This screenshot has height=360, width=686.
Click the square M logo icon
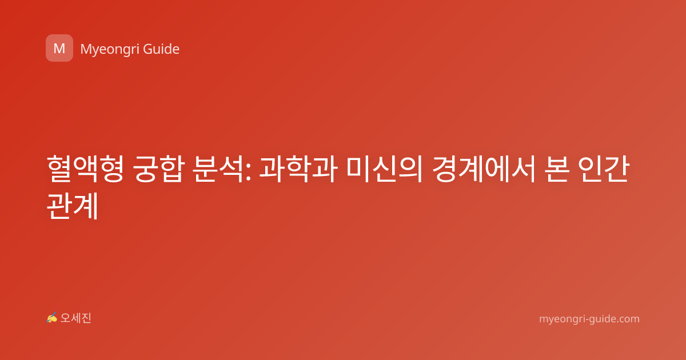(59, 48)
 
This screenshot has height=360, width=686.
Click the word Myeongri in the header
(109, 49)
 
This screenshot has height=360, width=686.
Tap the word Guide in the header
(161, 49)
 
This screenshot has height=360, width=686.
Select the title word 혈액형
(85, 169)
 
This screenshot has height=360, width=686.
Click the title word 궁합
(159, 169)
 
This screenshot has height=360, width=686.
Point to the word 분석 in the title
(218, 169)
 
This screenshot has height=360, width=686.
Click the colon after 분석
(248, 172)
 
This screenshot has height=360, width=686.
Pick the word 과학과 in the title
(298, 169)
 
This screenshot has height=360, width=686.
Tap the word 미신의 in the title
(385, 169)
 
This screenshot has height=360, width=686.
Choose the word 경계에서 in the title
(484, 169)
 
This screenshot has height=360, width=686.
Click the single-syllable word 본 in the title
(557, 169)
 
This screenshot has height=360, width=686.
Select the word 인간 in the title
(604, 169)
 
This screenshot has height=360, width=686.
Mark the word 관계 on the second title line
(72, 205)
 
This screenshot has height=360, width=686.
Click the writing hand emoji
(51, 318)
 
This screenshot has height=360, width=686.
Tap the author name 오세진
(75, 318)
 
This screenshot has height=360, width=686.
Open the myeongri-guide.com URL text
(589, 319)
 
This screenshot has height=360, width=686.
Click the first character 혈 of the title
(59, 169)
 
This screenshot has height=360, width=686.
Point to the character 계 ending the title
(86, 205)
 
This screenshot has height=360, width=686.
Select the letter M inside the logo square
(59, 49)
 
